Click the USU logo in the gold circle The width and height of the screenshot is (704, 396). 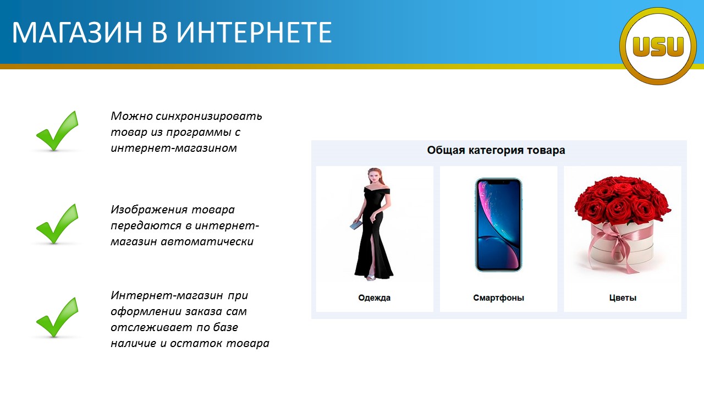658,47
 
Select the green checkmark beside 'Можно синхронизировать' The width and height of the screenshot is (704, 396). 57,131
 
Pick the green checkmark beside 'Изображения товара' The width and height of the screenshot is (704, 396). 57,224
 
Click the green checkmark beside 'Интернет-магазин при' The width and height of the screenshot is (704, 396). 57,317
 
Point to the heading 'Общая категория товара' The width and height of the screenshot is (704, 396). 496,150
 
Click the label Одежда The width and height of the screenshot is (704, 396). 375,298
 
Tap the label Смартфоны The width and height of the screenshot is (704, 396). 498,298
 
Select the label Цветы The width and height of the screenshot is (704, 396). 623,298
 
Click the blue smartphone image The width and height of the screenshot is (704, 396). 498,225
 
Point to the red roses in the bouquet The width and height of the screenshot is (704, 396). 622,200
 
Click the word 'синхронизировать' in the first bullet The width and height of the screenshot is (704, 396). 208,116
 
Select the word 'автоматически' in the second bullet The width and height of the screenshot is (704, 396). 207,241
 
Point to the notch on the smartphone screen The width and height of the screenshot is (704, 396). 498,182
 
